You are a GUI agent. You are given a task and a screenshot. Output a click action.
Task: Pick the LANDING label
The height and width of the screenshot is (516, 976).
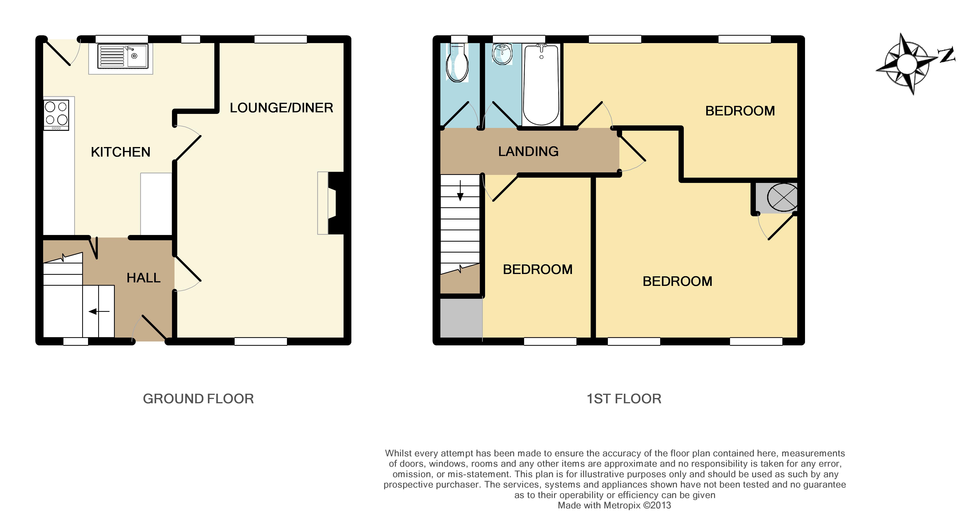(x=528, y=152)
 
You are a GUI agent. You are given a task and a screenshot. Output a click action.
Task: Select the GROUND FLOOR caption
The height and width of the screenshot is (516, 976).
(x=198, y=399)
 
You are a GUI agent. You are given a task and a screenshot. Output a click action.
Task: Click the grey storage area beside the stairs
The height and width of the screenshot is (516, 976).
(x=461, y=318)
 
